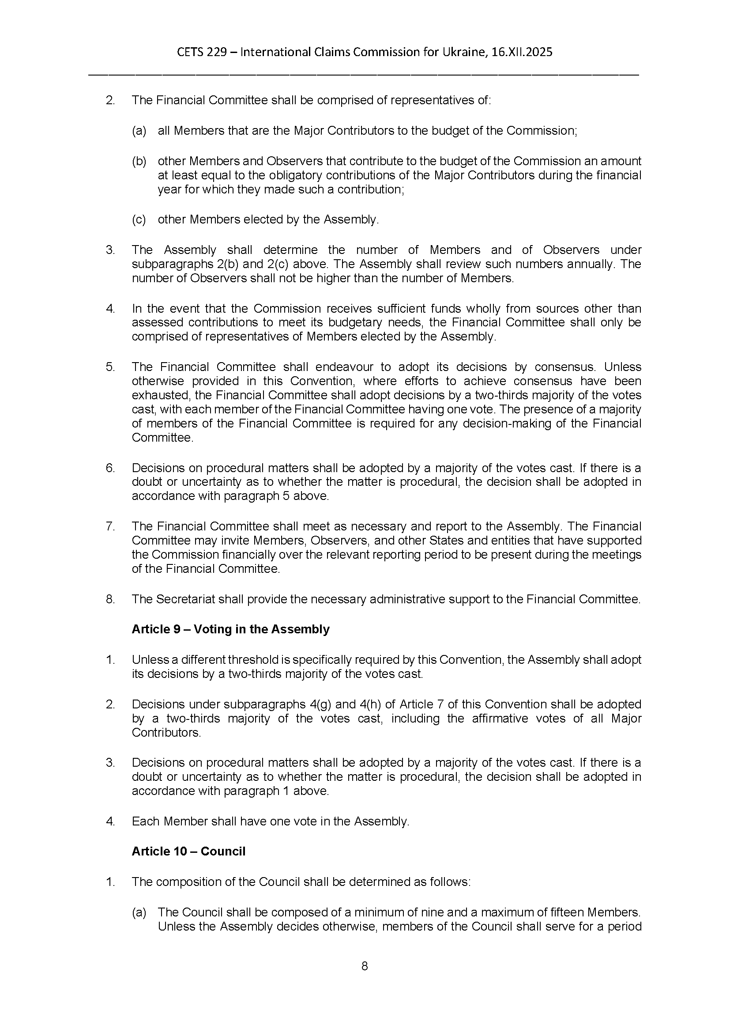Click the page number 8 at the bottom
tap(365, 966)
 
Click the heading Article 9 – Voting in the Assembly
tap(230, 629)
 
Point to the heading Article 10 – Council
tap(188, 851)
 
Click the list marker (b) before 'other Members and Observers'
tap(139, 161)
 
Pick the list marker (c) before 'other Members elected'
tap(139, 219)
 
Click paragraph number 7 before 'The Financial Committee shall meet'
tap(110, 526)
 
